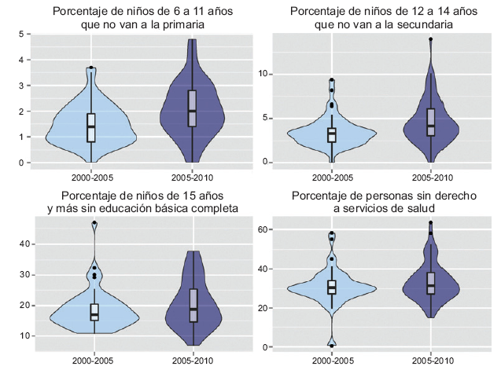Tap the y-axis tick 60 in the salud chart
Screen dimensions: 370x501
click(x=266, y=229)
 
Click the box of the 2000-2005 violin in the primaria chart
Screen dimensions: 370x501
click(x=91, y=126)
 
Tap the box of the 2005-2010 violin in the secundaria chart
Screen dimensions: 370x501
click(x=431, y=122)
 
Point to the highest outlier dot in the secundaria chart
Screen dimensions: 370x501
click(x=431, y=39)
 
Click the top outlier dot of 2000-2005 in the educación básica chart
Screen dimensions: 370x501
click(x=94, y=223)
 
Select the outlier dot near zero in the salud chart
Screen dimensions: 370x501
click(x=332, y=346)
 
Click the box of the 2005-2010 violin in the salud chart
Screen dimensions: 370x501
click(x=431, y=283)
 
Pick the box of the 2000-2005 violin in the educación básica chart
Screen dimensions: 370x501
click(x=94, y=312)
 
